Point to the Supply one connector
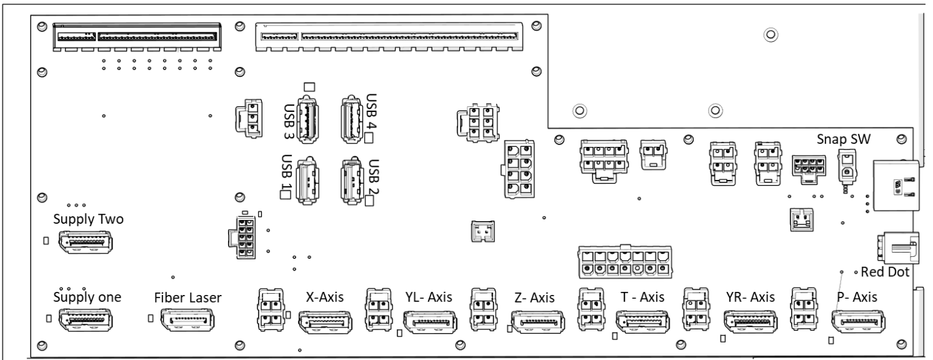coord(85,319)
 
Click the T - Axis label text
coord(639,296)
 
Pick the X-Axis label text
coord(326,296)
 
